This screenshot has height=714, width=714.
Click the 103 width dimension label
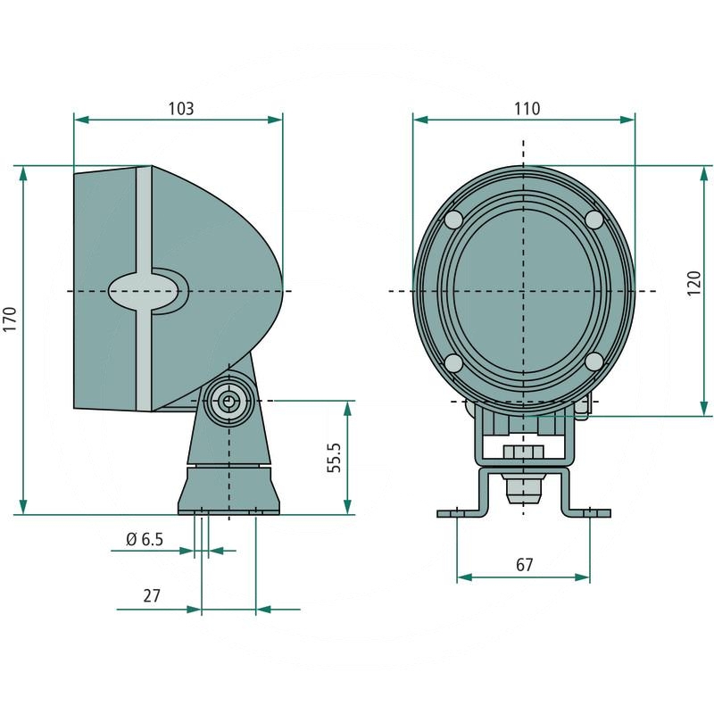point(181,108)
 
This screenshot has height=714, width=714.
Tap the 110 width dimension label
point(527,108)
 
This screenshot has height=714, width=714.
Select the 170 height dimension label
point(10,319)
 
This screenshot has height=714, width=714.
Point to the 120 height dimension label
point(693,283)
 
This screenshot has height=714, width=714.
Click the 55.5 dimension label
point(335,457)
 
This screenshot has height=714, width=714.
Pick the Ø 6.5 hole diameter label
point(145,539)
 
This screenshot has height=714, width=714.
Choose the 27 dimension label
point(152,595)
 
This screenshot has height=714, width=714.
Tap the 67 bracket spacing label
point(524,565)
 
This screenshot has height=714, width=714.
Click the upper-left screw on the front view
point(453,220)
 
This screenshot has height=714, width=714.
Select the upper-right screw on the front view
point(594,220)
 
